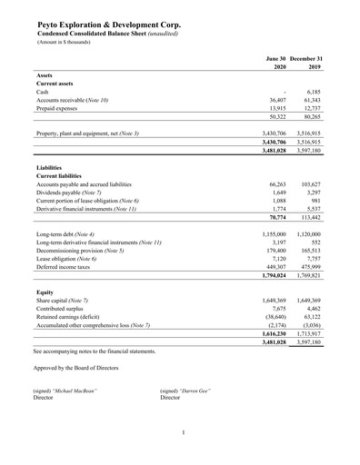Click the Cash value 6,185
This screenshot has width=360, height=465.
[x=312, y=92]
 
